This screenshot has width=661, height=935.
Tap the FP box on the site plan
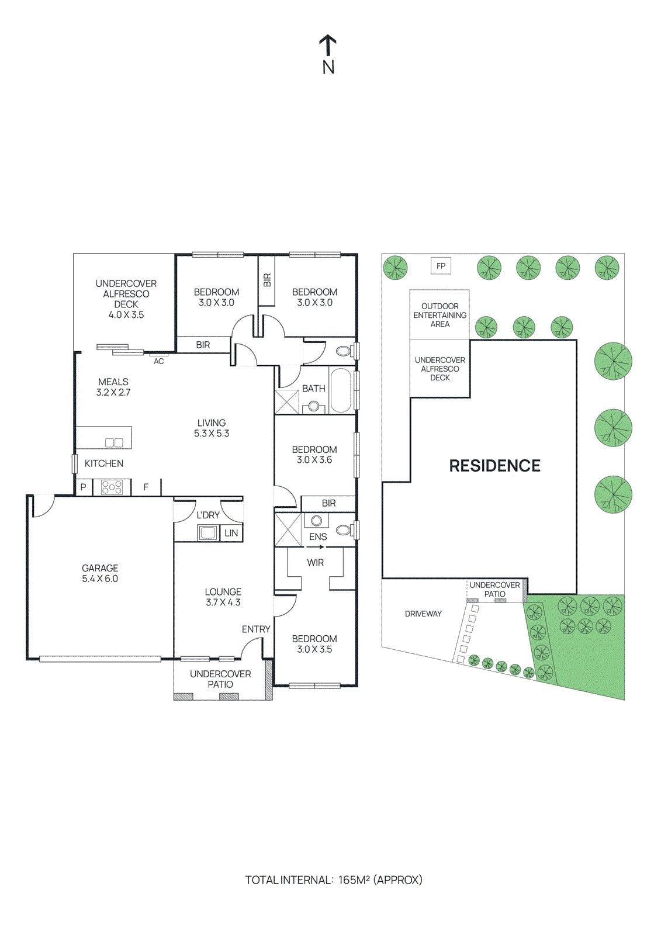[441, 266]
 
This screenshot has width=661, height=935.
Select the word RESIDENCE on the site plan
[494, 466]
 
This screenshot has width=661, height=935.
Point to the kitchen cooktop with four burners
[112, 487]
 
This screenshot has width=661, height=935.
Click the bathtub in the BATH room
[341, 390]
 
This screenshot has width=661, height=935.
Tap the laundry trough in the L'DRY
[207, 532]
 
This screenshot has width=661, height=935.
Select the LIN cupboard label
[231, 533]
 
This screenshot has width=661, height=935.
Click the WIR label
[315, 563]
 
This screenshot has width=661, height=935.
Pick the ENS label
[318, 536]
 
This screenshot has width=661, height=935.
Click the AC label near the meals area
[159, 362]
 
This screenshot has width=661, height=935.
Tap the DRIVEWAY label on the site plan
[423, 614]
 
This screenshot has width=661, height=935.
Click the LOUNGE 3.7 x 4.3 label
[223, 597]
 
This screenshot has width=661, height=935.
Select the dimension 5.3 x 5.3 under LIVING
[212, 434]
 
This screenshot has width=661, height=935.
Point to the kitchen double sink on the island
[114, 442]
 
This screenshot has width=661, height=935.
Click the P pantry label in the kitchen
[84, 487]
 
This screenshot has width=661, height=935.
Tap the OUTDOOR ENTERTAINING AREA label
[439, 315]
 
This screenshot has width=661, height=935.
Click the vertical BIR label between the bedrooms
[267, 280]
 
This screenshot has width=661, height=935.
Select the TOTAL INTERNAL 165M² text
[333, 879]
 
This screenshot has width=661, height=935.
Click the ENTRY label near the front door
[256, 629]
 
